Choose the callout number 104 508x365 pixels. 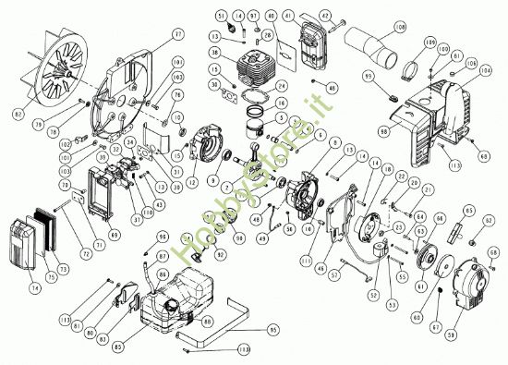point(486,69)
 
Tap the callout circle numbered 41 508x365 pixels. point(315,18)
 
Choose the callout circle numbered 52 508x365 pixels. point(374,295)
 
